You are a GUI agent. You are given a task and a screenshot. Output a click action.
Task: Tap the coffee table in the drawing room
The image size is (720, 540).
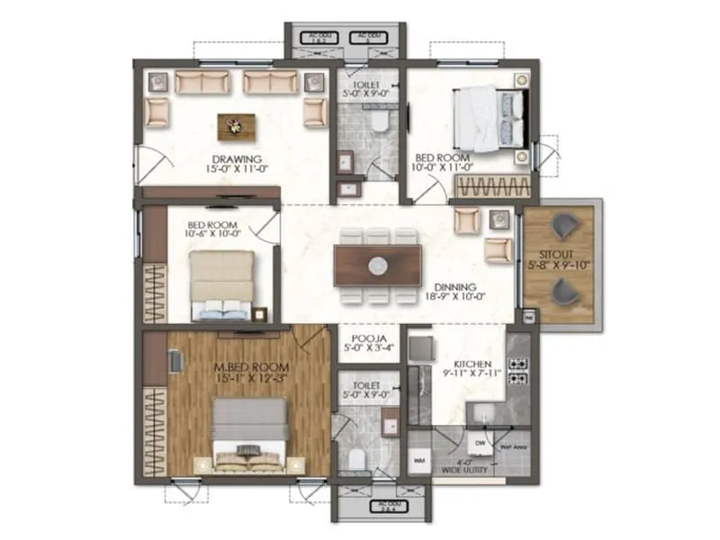235,125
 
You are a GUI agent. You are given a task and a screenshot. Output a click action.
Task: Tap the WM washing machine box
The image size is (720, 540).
419,461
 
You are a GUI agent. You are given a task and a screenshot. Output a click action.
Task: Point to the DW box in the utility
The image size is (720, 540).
480,443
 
